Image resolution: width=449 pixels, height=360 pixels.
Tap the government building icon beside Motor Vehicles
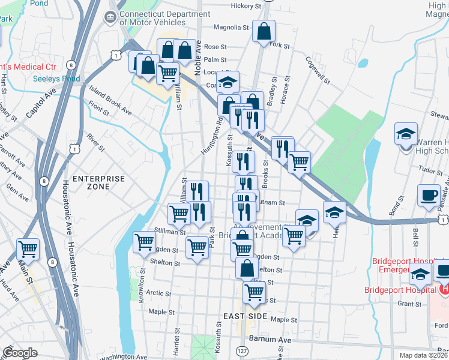pyautogui.click(x=110, y=18)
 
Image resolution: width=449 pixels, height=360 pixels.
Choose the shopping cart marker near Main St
pyautogui.click(x=28, y=248)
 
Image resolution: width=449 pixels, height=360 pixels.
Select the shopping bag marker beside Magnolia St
pyautogui.click(x=264, y=31)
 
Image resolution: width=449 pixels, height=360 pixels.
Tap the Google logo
pyautogui.click(x=20, y=353)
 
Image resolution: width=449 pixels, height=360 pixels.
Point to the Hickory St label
pyautogui.click(x=246, y=6)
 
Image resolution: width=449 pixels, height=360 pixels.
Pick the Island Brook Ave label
pyautogui.click(x=110, y=100)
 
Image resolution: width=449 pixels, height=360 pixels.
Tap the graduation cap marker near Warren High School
pyautogui.click(x=406, y=133)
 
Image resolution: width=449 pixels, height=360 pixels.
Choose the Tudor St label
pyautogui.click(x=430, y=170)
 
